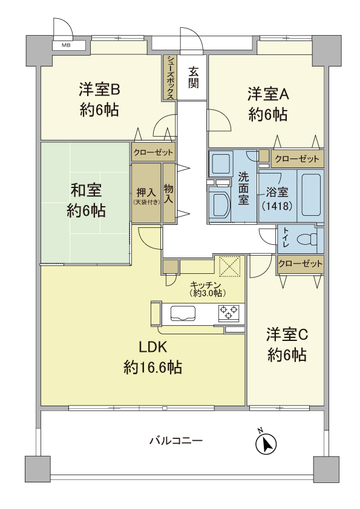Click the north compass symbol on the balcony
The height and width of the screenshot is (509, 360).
266,444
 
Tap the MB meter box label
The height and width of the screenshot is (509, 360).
67,45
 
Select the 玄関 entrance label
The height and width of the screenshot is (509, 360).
194,77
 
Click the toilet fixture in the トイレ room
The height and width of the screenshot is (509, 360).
307,239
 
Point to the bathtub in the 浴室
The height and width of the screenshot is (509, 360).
311,195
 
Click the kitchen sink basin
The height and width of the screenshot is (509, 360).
183,313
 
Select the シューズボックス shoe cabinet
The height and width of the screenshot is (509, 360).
170,77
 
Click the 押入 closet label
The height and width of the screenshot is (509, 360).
146,192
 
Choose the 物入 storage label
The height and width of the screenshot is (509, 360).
169,193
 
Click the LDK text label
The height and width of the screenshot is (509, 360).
153,347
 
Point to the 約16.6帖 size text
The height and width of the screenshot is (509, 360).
152,368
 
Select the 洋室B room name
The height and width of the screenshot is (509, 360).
99,89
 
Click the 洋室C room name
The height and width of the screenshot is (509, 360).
287,335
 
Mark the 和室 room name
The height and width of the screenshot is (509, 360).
86,190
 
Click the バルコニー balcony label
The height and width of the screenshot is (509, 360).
176,441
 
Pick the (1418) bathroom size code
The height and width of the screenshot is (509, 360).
278,206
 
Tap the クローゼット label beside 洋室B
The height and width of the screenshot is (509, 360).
153,152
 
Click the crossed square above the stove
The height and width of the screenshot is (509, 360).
230,266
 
